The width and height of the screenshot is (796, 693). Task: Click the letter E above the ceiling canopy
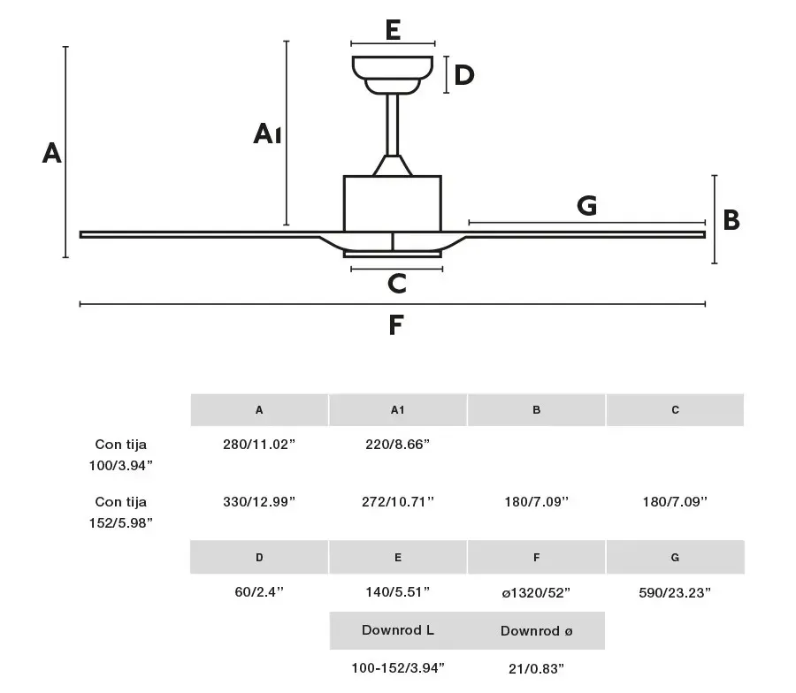point(393,30)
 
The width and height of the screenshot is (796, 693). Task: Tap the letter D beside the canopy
point(464,75)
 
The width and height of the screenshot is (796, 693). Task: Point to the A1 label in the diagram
point(267,134)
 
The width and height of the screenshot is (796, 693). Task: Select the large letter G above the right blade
point(587,205)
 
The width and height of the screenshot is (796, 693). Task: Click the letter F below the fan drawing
point(396,324)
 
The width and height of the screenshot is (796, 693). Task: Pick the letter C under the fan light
point(397,284)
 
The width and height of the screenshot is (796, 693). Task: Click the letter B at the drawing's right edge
point(731,220)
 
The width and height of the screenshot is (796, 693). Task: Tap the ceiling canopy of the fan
point(393,74)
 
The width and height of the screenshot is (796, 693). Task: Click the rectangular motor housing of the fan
point(393,204)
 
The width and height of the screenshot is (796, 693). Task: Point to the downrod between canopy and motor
point(393,125)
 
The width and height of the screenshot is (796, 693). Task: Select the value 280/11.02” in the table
point(259,445)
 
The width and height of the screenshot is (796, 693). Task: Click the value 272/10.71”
point(398,502)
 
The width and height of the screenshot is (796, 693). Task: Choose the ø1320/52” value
point(536,592)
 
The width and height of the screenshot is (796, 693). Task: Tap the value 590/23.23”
point(675,592)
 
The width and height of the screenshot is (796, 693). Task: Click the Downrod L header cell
point(398,630)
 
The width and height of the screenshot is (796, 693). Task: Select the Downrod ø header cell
point(536,630)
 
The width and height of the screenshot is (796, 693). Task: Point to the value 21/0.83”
point(536,668)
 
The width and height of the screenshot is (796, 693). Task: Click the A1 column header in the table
point(397,410)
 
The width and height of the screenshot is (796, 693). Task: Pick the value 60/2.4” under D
point(259,592)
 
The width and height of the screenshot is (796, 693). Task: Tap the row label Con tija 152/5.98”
point(121,512)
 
